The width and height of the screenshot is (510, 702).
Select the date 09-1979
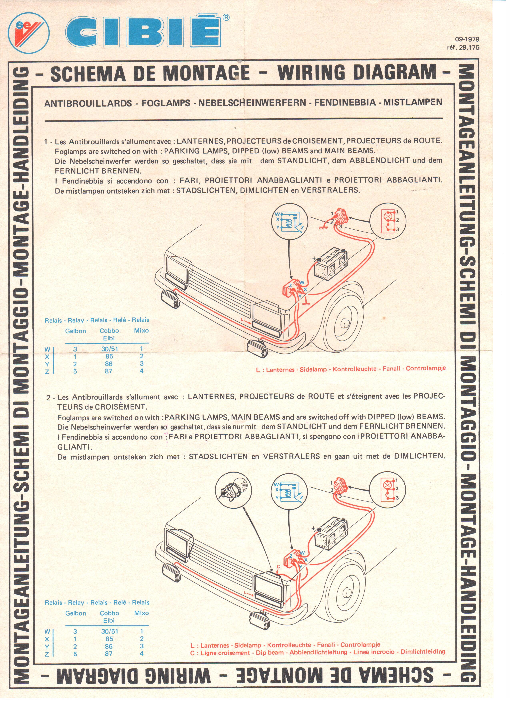467,39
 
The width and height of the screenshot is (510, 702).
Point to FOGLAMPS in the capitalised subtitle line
166,103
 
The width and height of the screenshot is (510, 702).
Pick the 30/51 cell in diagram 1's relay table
109,349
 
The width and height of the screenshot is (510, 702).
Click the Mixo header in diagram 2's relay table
141,613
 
